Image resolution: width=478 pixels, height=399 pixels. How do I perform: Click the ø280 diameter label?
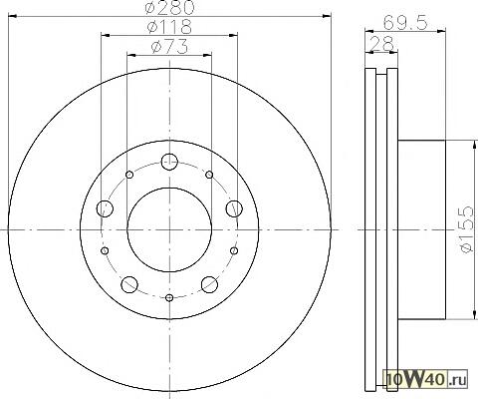coord(169,7)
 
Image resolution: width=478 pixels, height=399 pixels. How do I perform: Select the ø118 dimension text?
coord(169,27)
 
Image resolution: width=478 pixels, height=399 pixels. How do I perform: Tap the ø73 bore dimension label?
coord(169,47)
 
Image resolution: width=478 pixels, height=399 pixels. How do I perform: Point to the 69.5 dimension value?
coord(404,23)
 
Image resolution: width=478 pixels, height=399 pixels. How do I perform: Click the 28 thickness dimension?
coord(381,44)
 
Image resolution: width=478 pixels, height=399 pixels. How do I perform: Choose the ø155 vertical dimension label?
coord(467,229)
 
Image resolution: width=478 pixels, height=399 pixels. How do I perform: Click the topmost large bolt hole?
coord(169,162)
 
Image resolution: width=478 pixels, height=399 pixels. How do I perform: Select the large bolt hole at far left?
coord(105,208)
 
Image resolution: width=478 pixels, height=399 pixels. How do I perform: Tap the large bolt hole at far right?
coord(234,208)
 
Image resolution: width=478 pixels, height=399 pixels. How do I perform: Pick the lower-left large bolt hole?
coord(129,284)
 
